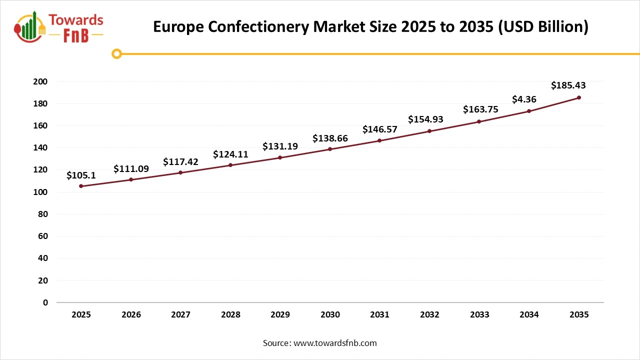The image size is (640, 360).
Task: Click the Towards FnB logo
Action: click(59, 27)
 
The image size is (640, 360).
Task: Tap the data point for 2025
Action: click(81, 186)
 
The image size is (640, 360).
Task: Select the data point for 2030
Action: click(330, 149)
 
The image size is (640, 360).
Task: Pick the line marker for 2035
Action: click(579, 97)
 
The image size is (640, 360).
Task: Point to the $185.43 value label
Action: click(568, 85)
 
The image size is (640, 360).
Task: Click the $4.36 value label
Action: click(524, 99)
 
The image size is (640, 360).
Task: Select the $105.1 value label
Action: click(81, 175)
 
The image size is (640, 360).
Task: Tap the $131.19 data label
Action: click(280, 146)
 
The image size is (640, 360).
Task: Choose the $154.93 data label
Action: click(425, 119)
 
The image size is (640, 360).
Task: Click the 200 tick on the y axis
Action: click(41, 81)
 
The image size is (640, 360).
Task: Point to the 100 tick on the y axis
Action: click(41, 192)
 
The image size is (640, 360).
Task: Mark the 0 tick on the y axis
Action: click(45, 302)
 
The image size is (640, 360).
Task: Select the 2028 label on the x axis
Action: click(230, 315)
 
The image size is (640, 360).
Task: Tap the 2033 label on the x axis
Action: click(479, 315)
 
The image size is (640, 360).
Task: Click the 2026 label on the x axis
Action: click(131, 315)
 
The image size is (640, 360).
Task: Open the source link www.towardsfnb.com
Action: click(335, 343)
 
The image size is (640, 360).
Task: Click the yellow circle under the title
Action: click(116, 53)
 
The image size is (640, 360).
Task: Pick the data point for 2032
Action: click(429, 131)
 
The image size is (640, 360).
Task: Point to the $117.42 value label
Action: click(180, 162)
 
